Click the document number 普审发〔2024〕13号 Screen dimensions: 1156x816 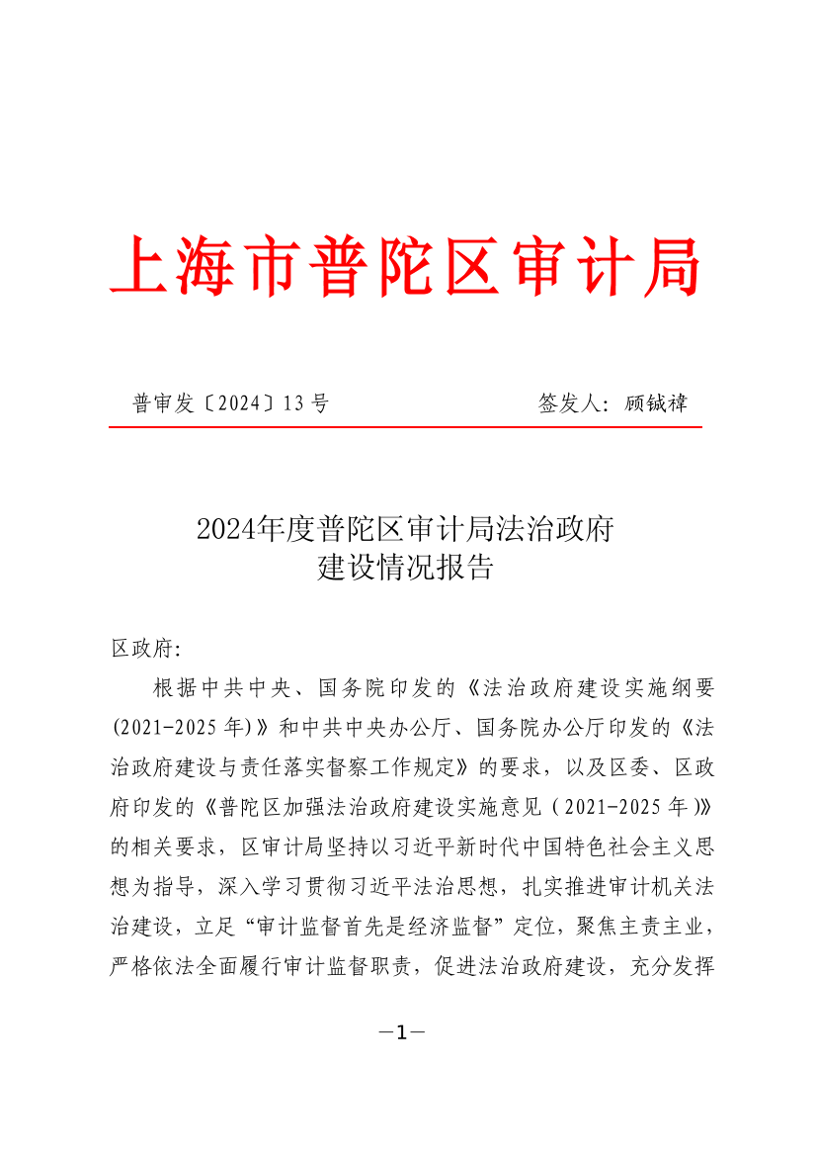(x=230, y=403)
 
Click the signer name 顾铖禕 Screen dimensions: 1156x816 (x=657, y=403)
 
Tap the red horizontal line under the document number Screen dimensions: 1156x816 (x=405, y=427)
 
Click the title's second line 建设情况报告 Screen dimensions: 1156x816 (x=405, y=570)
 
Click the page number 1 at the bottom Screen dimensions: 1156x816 (x=402, y=1033)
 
